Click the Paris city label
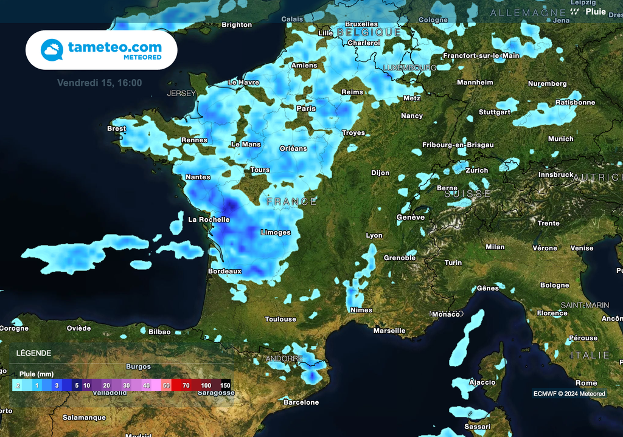coord(306,109)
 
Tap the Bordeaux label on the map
coord(225,271)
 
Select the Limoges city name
coord(276,233)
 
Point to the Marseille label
coord(389,331)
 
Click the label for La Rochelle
coord(209,220)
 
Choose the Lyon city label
coord(374,236)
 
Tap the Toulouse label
coord(280,319)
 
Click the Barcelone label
coord(301,402)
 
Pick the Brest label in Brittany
coord(116,129)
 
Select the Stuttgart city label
coord(495,112)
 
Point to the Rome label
coord(586,383)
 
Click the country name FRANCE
coord(292,201)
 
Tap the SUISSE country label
coord(467,194)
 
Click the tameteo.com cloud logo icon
coord(52,50)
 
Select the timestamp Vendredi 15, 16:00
coord(100,83)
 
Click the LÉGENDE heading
coord(33,353)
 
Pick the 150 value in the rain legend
coord(225,385)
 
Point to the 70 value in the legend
coord(186,385)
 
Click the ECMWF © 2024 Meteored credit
coord(569,393)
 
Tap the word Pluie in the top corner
coord(596,11)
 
